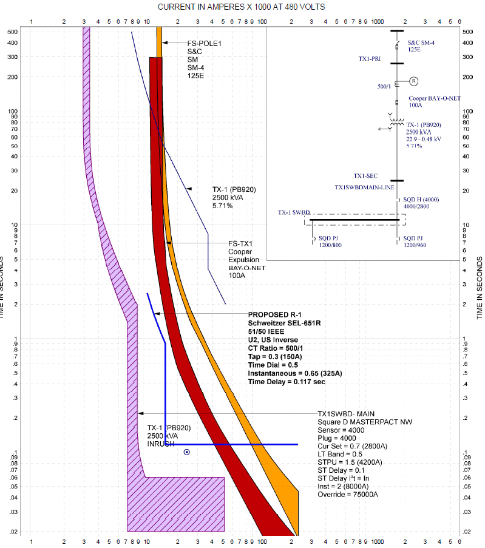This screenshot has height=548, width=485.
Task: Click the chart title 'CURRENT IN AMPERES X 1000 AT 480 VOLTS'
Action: coord(241,7)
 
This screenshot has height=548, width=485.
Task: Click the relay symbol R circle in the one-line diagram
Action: coord(414,81)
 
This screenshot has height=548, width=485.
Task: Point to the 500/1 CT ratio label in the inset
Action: coord(384,87)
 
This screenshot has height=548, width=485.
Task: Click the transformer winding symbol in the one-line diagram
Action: coord(397,121)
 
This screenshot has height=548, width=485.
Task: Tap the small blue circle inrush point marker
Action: coord(187,452)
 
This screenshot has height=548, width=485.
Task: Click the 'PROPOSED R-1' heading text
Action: coord(271,315)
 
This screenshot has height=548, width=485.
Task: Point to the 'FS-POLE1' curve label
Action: coord(205,44)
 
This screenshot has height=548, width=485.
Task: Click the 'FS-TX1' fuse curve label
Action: coord(240,244)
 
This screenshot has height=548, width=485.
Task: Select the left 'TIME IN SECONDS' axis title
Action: coord(7,288)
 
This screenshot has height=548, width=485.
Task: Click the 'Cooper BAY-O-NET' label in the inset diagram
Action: coord(434,98)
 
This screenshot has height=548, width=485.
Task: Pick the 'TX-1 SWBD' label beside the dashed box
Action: coord(294,213)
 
